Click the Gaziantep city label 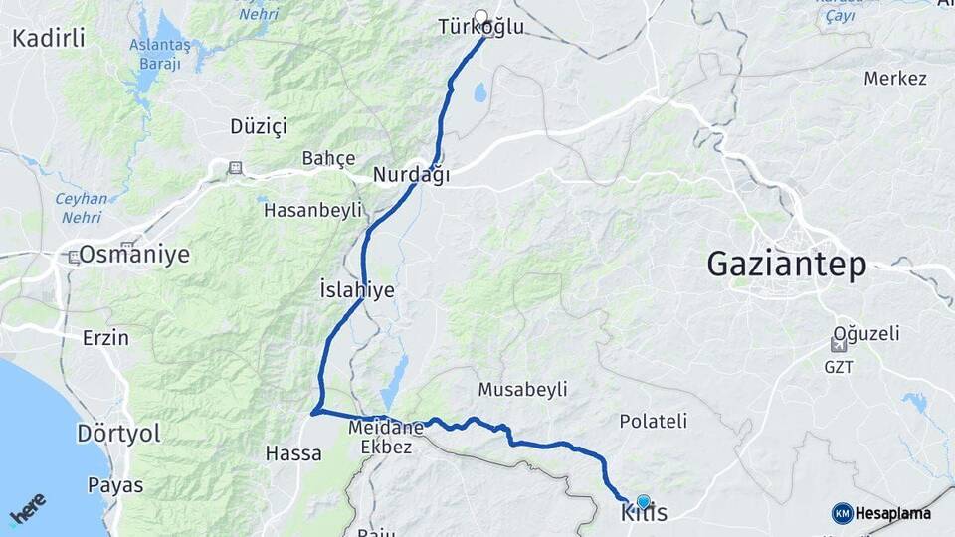click(x=786, y=264)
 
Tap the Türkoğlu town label click(x=480, y=28)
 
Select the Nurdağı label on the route click(x=412, y=176)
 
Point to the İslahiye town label click(x=357, y=290)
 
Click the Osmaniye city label click(x=133, y=255)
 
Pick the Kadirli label click(x=49, y=39)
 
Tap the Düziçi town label click(x=258, y=126)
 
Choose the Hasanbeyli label click(x=312, y=210)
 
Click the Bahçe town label click(x=328, y=159)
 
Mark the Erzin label click(x=105, y=338)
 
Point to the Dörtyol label click(x=117, y=435)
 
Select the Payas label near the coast click(x=114, y=486)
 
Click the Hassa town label click(x=293, y=453)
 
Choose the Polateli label click(x=653, y=421)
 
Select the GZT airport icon click(x=838, y=345)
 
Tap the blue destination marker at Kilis click(x=643, y=502)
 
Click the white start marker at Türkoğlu click(x=481, y=17)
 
